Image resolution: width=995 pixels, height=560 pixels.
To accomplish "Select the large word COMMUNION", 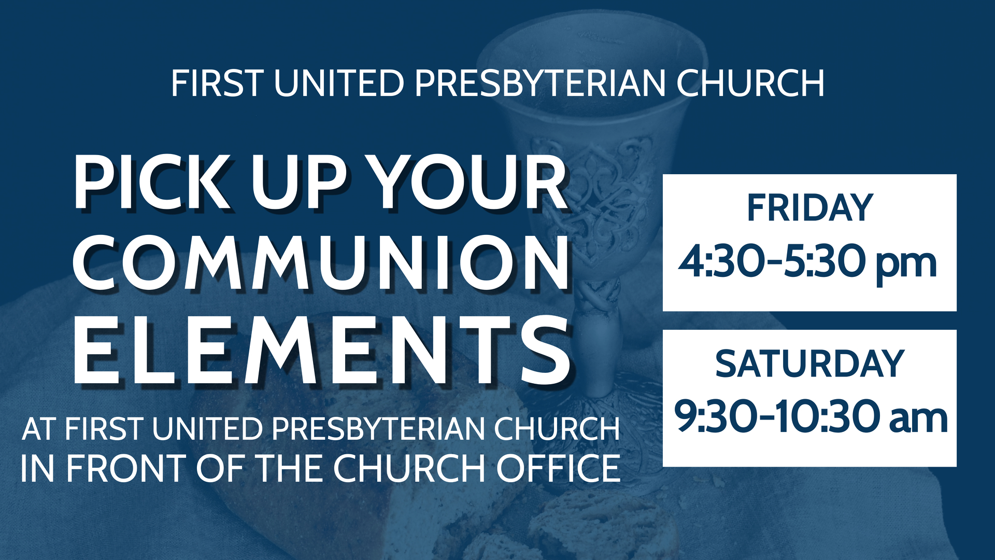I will (x=321, y=263).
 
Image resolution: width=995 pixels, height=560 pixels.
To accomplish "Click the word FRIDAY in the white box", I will (x=809, y=208).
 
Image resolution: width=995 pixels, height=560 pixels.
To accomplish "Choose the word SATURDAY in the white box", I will (x=809, y=364).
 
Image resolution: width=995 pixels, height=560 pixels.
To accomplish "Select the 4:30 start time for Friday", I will (x=720, y=262).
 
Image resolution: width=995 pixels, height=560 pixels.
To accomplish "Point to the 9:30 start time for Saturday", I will (x=715, y=418).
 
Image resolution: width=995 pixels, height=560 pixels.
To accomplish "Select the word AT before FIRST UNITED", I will (x=39, y=429).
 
